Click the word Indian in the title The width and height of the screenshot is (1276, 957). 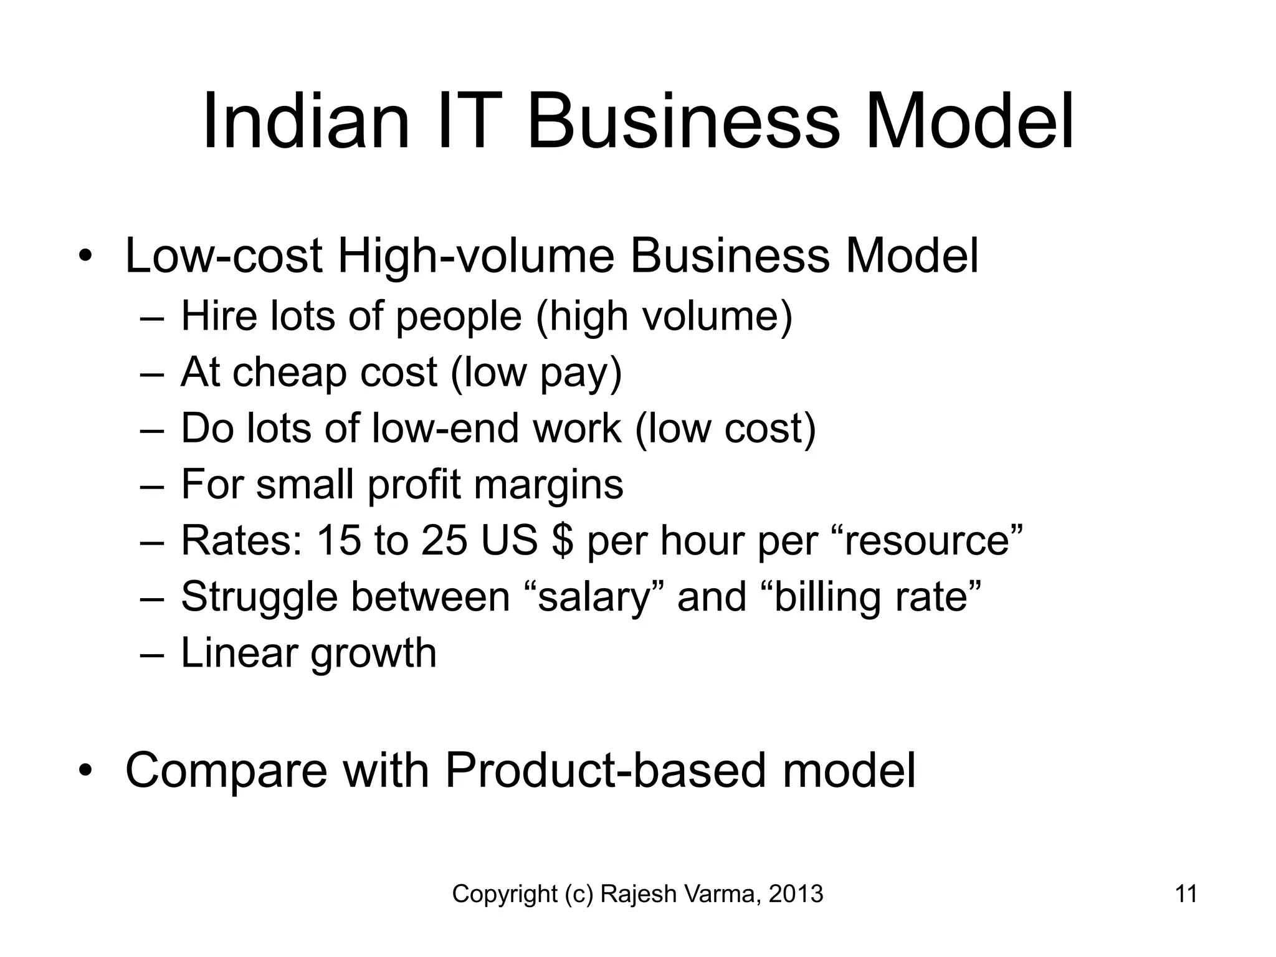(x=306, y=121)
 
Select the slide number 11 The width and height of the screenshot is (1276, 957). (x=1186, y=894)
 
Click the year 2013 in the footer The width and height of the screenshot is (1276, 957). (x=796, y=894)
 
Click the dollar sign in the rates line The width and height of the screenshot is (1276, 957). (x=562, y=540)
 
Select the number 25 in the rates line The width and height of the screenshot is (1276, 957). (x=444, y=540)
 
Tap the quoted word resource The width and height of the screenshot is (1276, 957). (x=931, y=540)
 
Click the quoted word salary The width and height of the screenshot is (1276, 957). (x=595, y=596)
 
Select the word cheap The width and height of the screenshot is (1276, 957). (x=289, y=373)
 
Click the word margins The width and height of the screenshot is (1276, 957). (x=548, y=485)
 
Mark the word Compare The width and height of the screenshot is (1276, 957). (x=226, y=771)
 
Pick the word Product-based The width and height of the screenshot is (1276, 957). (x=604, y=771)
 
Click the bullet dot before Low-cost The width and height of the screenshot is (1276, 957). (x=85, y=257)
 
